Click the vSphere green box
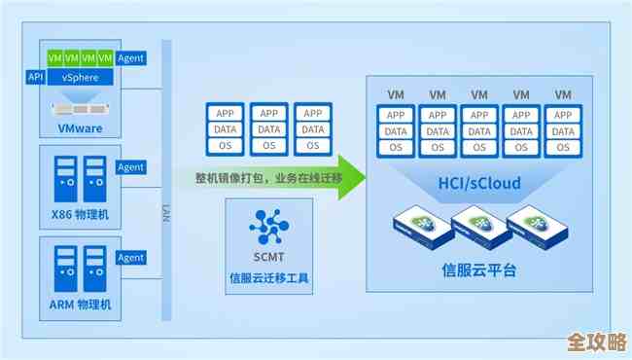pyautogui.click(x=79, y=76)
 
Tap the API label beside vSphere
pyautogui.click(x=36, y=76)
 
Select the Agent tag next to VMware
pyautogui.click(x=130, y=58)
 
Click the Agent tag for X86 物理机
pyautogui.click(x=130, y=167)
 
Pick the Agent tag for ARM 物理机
pyautogui.click(x=130, y=258)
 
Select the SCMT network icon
pyautogui.click(x=269, y=227)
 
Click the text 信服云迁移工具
pyautogui.click(x=268, y=278)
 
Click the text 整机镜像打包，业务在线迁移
pyautogui.click(x=259, y=178)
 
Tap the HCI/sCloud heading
pyautogui.click(x=478, y=183)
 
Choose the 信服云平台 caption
pyautogui.click(x=478, y=270)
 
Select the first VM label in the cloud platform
pyautogui.click(x=396, y=95)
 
